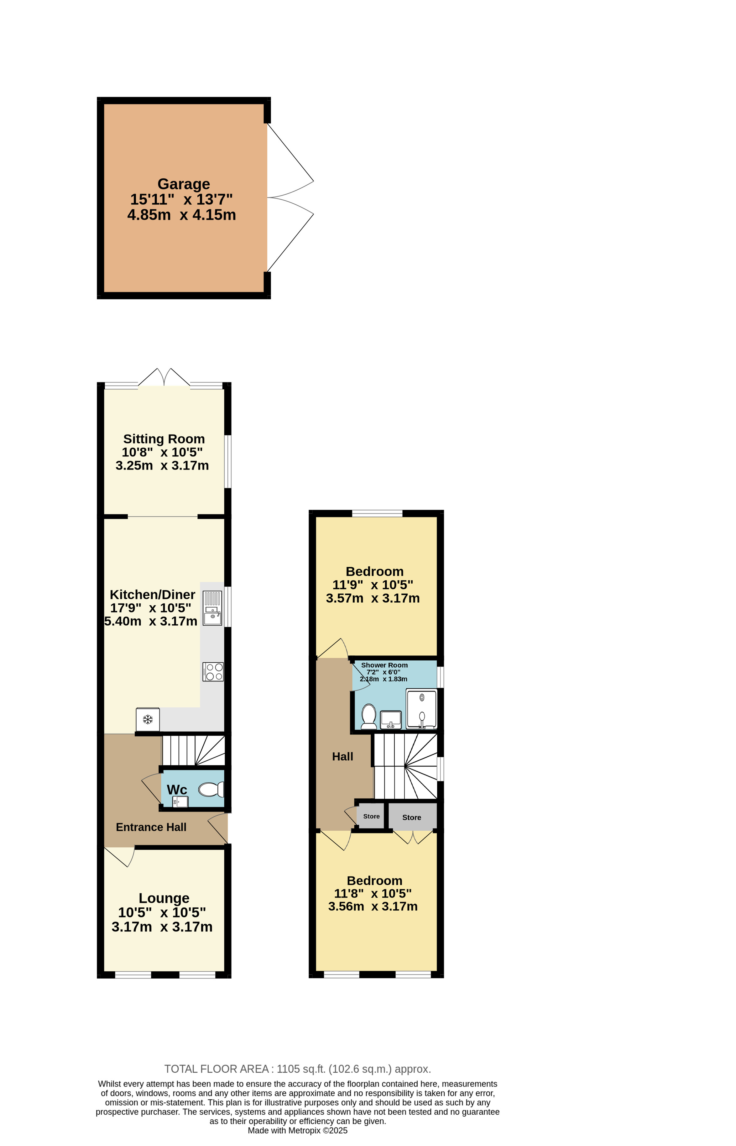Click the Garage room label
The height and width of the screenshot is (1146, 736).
click(184, 184)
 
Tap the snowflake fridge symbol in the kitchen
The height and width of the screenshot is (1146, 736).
click(148, 719)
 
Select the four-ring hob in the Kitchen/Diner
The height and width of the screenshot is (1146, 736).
click(213, 671)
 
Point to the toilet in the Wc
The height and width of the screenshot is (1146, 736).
click(211, 789)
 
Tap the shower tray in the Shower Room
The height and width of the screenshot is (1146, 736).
click(421, 708)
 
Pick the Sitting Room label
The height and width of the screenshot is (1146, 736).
click(164, 439)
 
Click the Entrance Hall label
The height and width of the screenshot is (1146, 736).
click(151, 827)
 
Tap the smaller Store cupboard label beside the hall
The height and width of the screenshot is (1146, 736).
click(371, 816)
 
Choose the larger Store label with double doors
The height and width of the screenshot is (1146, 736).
click(411, 817)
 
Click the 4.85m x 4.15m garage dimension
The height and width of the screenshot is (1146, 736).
click(182, 215)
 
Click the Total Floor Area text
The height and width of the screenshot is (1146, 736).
click(298, 1069)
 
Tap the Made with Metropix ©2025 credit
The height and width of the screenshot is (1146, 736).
click(297, 1131)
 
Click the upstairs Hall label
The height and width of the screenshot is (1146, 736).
click(343, 756)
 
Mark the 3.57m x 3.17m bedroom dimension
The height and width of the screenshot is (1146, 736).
click(373, 598)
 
